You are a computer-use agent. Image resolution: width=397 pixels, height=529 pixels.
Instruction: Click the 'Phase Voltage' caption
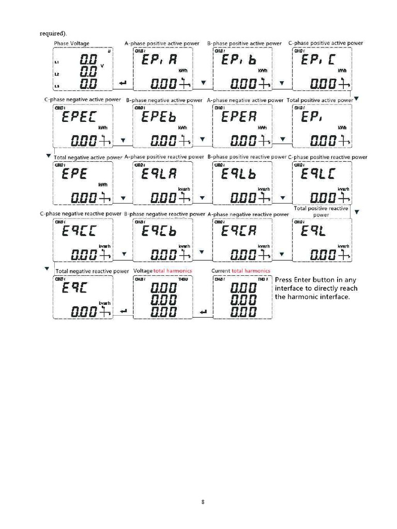click(x=72, y=43)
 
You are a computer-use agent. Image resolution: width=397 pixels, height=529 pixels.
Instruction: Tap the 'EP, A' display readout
click(x=160, y=60)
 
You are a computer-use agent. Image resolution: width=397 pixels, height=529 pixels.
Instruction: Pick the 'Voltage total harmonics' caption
click(x=162, y=271)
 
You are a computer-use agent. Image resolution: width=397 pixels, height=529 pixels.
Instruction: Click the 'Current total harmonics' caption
click(x=241, y=271)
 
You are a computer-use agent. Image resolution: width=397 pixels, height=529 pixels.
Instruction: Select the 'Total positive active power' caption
click(x=320, y=100)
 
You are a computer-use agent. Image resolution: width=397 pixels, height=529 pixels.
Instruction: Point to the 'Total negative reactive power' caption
click(x=92, y=271)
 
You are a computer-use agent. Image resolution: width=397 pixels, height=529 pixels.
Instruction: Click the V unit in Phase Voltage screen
click(x=102, y=66)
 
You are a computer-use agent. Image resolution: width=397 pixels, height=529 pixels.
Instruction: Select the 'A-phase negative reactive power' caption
click(x=248, y=214)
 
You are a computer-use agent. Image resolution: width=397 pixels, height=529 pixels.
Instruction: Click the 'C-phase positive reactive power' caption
click(x=328, y=157)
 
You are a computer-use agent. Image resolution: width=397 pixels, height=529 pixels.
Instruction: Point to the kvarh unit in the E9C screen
click(x=105, y=303)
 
